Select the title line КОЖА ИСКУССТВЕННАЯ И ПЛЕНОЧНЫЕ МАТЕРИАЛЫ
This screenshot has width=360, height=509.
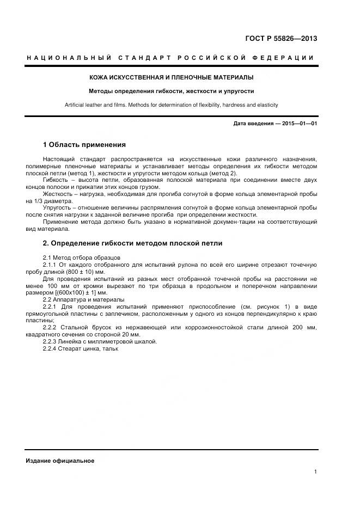coord(172,78)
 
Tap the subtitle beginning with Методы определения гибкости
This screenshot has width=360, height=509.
coord(172,91)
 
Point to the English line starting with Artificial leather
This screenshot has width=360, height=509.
coord(172,105)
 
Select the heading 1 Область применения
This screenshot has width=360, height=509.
coord(84,145)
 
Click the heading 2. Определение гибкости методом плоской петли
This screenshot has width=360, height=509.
coord(132,243)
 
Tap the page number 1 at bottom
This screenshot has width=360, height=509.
coord(315,472)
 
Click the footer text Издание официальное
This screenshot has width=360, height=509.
coord(60,461)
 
